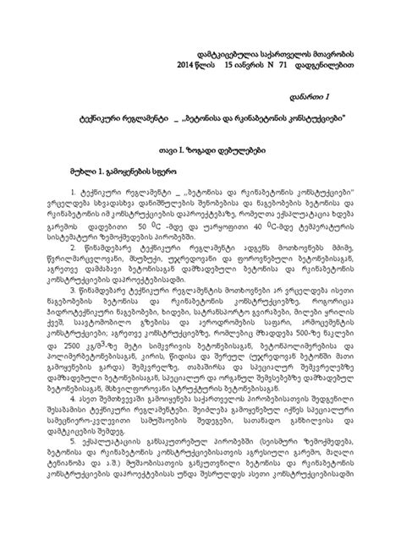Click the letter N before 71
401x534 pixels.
(285, 64)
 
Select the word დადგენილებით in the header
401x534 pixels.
(343, 64)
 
